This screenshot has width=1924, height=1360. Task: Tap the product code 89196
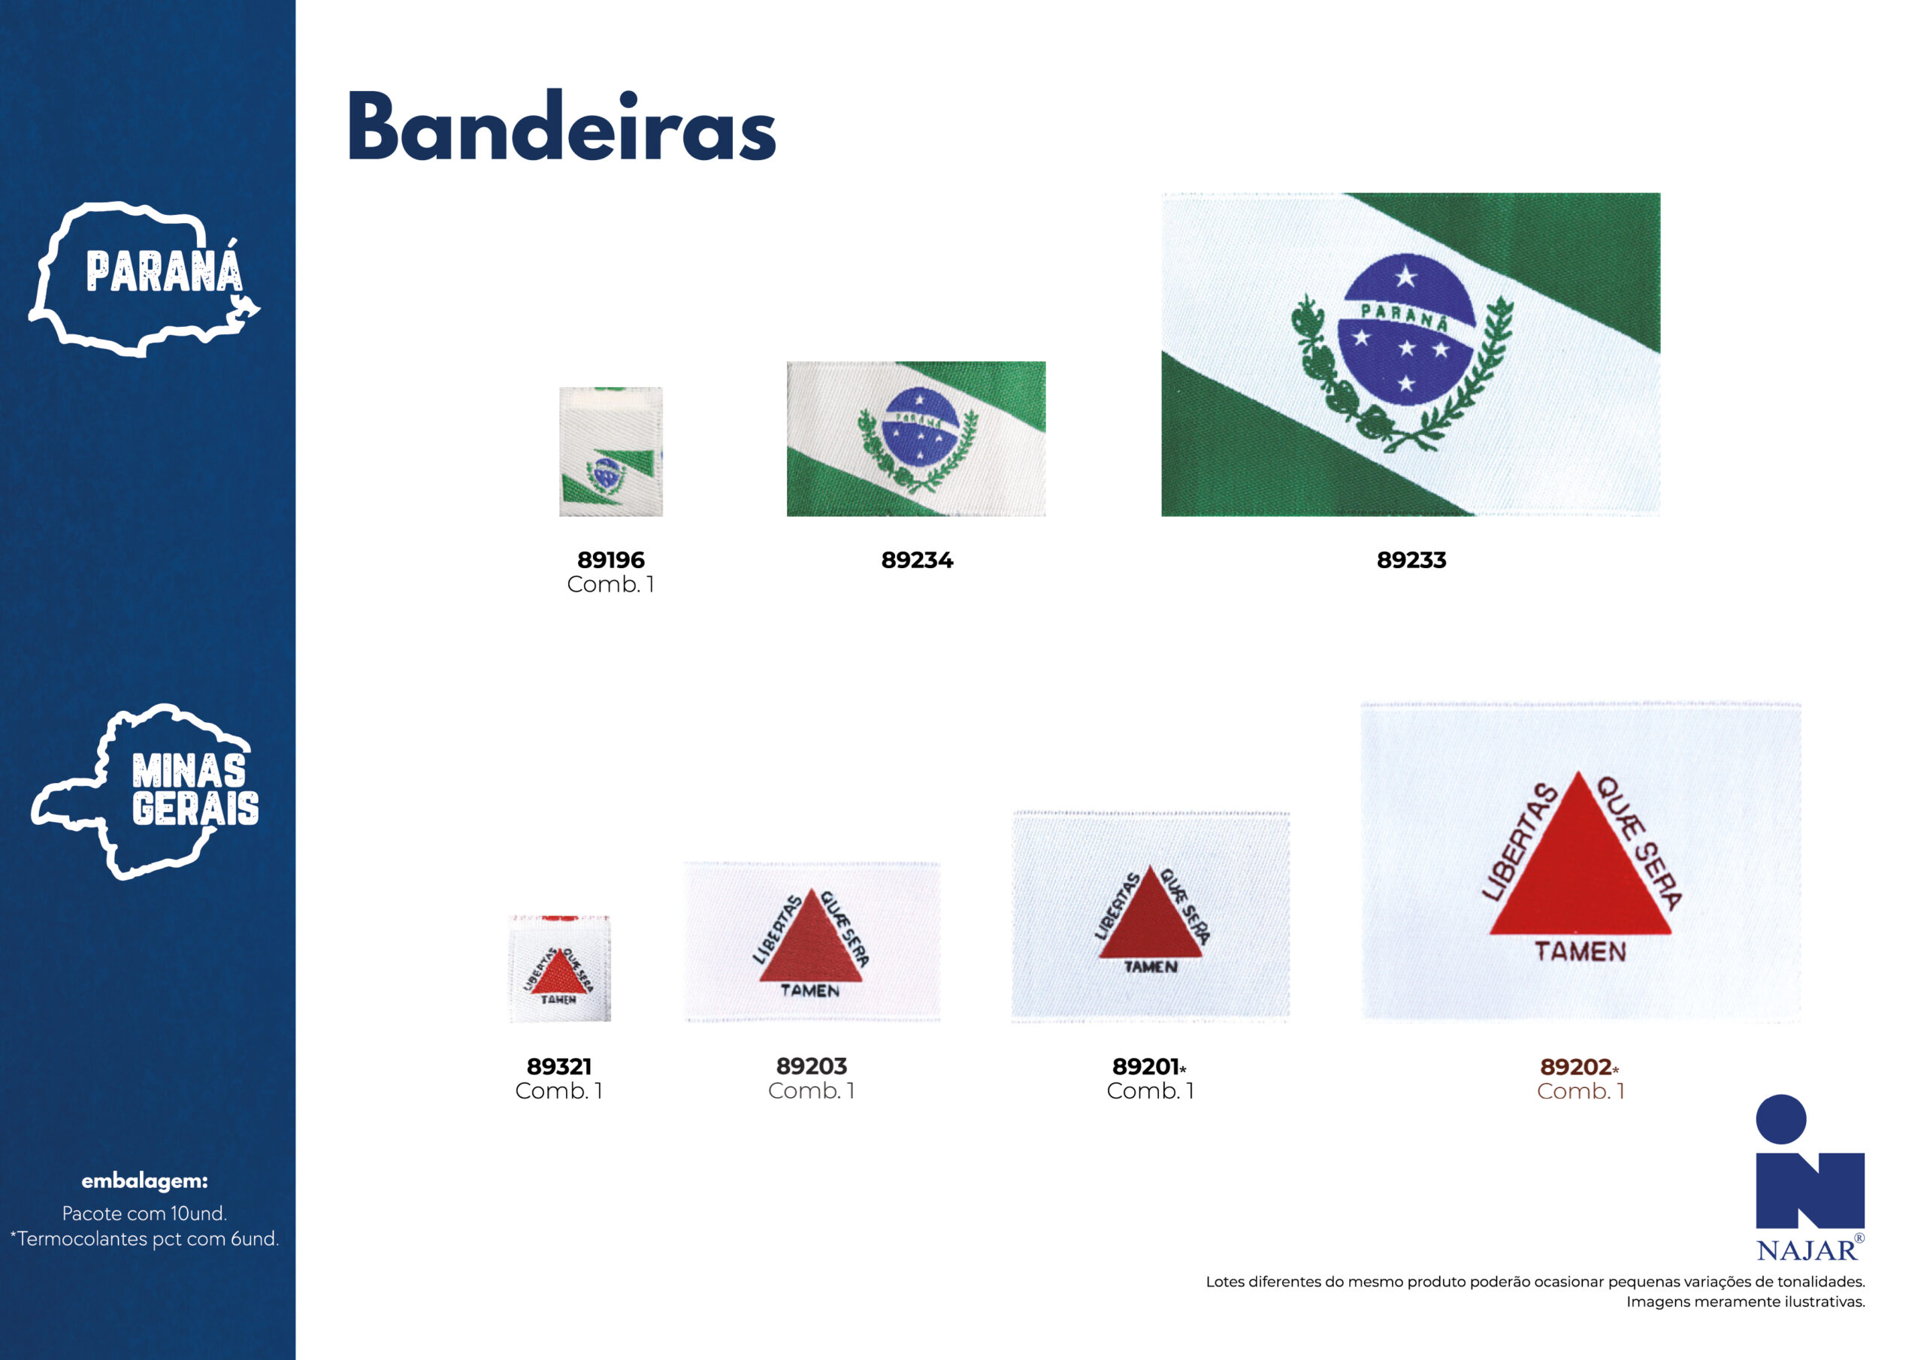click(x=611, y=560)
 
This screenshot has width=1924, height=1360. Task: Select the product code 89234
click(x=917, y=560)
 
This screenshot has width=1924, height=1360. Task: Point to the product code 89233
click(x=1411, y=560)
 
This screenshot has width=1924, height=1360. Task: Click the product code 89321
click(x=559, y=1067)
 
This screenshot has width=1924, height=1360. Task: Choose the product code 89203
click(x=811, y=1066)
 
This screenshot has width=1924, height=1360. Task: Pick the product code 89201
click(x=1145, y=1067)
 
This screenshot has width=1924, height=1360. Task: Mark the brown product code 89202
click(x=1575, y=1067)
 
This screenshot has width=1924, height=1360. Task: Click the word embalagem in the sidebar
click(x=144, y=1180)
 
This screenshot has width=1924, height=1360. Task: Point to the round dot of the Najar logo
click(x=1780, y=1119)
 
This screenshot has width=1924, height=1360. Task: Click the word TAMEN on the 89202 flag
click(x=1581, y=952)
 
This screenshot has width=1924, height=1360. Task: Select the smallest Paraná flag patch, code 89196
click(x=611, y=452)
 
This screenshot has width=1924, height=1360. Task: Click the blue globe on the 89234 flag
click(x=920, y=426)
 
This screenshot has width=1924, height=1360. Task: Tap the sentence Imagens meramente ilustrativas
click(x=1746, y=1301)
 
